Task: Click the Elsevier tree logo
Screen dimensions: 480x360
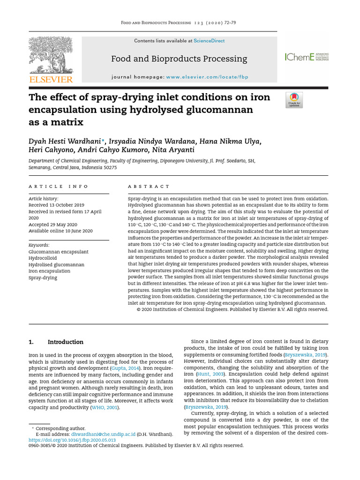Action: click(x=51, y=55)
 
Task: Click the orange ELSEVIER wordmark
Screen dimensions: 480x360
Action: click(x=51, y=80)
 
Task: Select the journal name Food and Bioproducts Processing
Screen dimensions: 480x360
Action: click(x=179, y=59)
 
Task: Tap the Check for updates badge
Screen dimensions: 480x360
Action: click(x=294, y=100)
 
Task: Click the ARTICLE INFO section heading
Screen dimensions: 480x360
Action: click(x=58, y=186)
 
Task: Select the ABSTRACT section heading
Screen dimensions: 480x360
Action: click(x=149, y=186)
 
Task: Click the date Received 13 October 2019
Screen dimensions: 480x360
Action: click(x=56, y=205)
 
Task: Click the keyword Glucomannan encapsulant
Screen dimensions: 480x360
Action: click(x=58, y=252)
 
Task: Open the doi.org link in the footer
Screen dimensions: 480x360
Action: click(x=72, y=441)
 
